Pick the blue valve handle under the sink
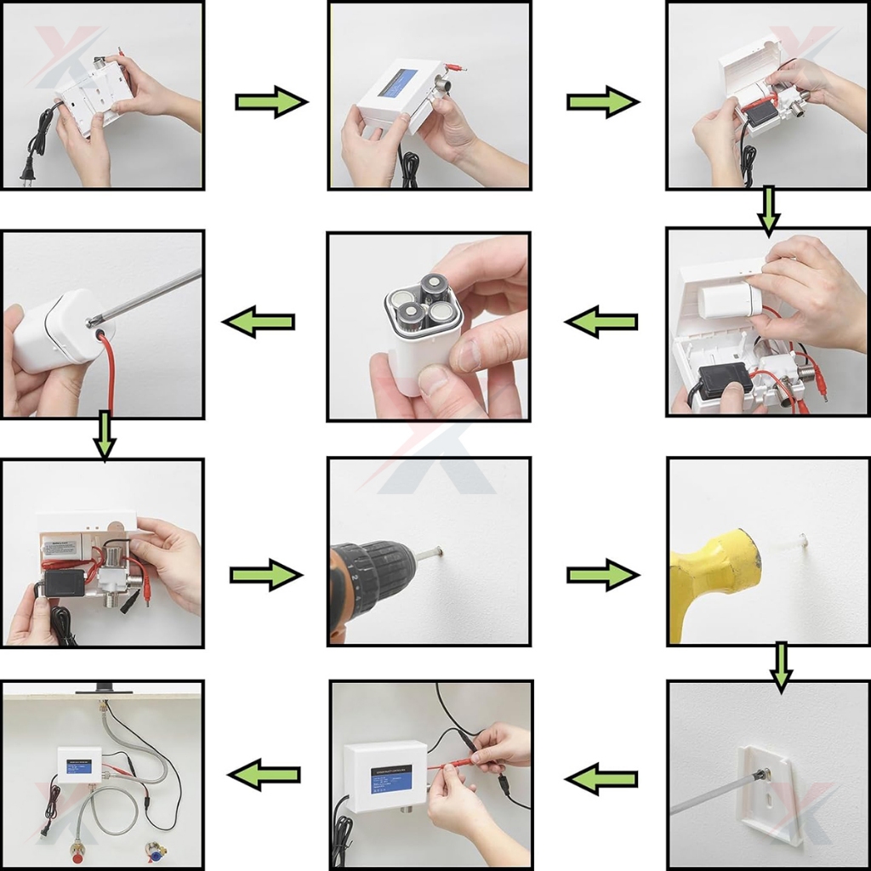click(156, 851)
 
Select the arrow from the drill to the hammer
click(602, 576)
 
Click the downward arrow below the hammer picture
click(781, 666)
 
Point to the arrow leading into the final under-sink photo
click(264, 774)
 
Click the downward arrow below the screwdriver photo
click(104, 434)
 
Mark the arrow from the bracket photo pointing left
click(601, 777)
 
